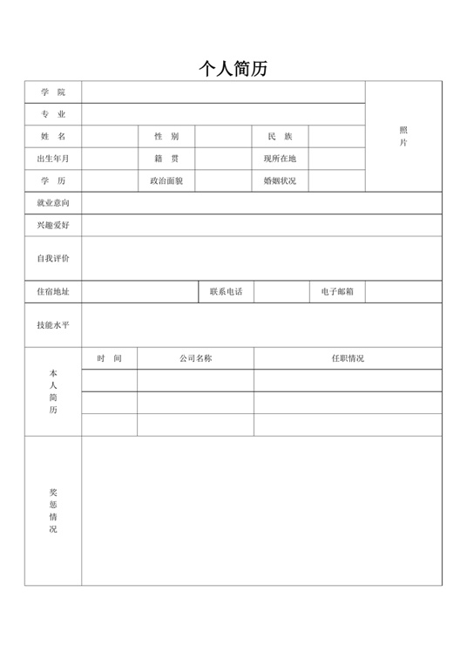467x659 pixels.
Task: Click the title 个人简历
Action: (233, 69)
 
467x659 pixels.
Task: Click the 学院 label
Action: (52, 92)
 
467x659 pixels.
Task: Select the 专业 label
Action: (52, 114)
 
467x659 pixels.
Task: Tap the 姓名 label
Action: (52, 137)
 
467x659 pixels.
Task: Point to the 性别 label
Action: (166, 137)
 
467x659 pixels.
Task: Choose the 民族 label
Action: (280, 137)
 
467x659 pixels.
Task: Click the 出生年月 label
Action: (52, 159)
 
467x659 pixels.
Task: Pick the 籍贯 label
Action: (166, 159)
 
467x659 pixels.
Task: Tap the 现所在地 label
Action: (280, 159)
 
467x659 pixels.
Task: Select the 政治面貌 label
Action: (166, 181)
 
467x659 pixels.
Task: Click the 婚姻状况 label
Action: (280, 181)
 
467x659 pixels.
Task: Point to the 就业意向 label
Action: (52, 203)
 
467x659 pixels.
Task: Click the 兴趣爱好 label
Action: (52, 226)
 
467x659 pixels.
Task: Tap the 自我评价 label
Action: (52, 259)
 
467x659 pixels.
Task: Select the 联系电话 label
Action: (226, 292)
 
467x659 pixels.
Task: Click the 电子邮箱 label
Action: (337, 292)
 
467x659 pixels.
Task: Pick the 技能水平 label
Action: (52, 325)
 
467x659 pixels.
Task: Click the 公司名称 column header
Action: (196, 358)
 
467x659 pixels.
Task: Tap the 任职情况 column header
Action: (348, 358)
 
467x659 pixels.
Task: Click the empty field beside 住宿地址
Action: (139, 292)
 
